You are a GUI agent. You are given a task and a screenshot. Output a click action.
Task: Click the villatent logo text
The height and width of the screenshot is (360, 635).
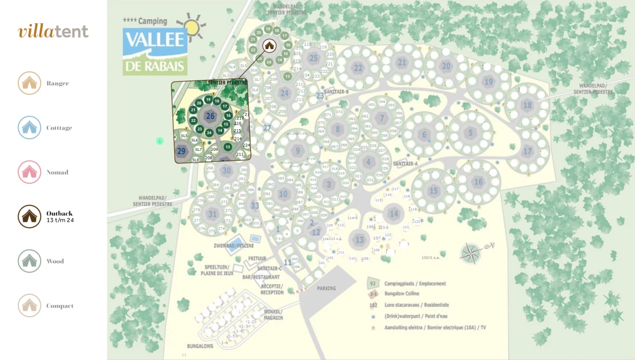[x=53, y=31]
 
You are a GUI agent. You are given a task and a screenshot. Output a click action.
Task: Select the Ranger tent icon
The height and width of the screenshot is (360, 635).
[x=30, y=83]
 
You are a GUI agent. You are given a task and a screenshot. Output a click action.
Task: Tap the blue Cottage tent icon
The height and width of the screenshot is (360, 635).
[x=30, y=128]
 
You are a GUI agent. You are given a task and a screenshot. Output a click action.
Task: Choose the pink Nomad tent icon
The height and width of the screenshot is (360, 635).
[x=30, y=172]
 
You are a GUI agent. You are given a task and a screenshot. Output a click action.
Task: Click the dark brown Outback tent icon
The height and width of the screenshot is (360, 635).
[x=30, y=216]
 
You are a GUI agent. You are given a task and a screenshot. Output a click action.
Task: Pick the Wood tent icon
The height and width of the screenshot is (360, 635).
[x=30, y=261]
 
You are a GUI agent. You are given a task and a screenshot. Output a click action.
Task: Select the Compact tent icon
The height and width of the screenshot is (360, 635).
[x=30, y=305]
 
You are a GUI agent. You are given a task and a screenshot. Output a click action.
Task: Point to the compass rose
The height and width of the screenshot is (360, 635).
[x=470, y=253]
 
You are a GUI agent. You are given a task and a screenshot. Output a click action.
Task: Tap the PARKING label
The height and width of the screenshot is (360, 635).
[x=326, y=289]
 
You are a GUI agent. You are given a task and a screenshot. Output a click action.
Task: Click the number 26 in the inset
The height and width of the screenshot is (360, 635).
[x=210, y=116]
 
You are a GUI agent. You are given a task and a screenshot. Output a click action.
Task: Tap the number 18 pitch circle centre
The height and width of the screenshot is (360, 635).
[x=527, y=105]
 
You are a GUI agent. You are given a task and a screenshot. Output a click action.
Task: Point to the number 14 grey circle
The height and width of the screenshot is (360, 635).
[x=393, y=214]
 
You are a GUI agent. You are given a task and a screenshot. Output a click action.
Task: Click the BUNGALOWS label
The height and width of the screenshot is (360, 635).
[x=200, y=346]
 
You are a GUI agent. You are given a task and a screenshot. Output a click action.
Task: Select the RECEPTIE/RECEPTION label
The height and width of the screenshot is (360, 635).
[x=272, y=289]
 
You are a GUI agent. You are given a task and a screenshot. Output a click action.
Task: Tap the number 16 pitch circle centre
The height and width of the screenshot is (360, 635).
[x=478, y=182]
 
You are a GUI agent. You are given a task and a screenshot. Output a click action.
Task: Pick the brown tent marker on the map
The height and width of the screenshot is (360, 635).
[x=269, y=46]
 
